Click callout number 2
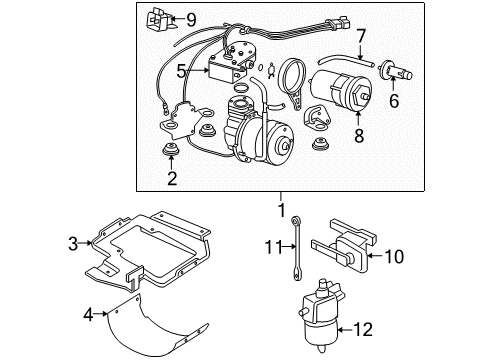point(172,179)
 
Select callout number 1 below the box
point(281,210)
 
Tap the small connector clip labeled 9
point(161,18)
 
